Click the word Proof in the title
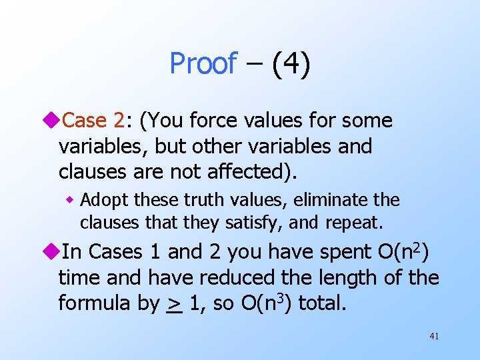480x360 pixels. tap(203, 64)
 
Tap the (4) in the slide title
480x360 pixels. tap(291, 64)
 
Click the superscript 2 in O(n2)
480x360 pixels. tap(417, 246)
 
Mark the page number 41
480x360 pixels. tap(434, 337)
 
